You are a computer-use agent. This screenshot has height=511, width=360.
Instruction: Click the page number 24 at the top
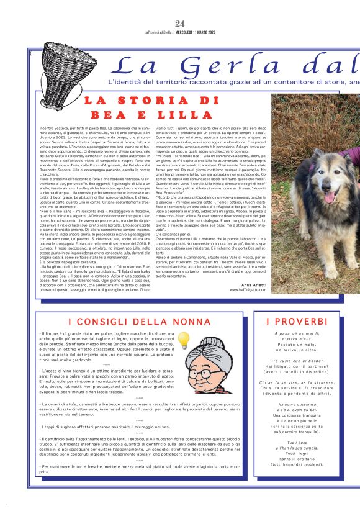(180, 24)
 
